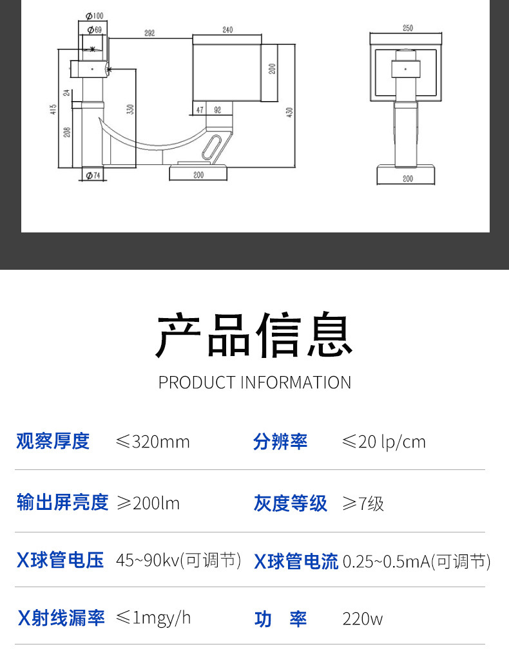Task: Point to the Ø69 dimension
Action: tap(94, 30)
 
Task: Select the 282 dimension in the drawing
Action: tap(149, 32)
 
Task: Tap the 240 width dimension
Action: tap(227, 30)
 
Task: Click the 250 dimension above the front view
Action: tap(407, 28)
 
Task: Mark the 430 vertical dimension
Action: tap(289, 111)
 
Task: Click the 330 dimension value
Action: tap(130, 109)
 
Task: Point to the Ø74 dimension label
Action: tap(93, 175)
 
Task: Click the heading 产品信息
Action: tap(254, 335)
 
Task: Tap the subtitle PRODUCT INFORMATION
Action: tap(254, 382)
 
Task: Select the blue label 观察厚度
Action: tap(53, 442)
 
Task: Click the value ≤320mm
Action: tap(153, 442)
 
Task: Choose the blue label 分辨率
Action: tap(280, 442)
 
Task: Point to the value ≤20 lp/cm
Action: tap(383, 442)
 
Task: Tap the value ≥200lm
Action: tap(148, 503)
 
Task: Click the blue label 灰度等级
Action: tap(290, 503)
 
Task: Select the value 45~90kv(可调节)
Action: tap(178, 561)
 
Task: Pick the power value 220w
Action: tap(362, 619)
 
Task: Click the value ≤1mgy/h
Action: tap(153, 618)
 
